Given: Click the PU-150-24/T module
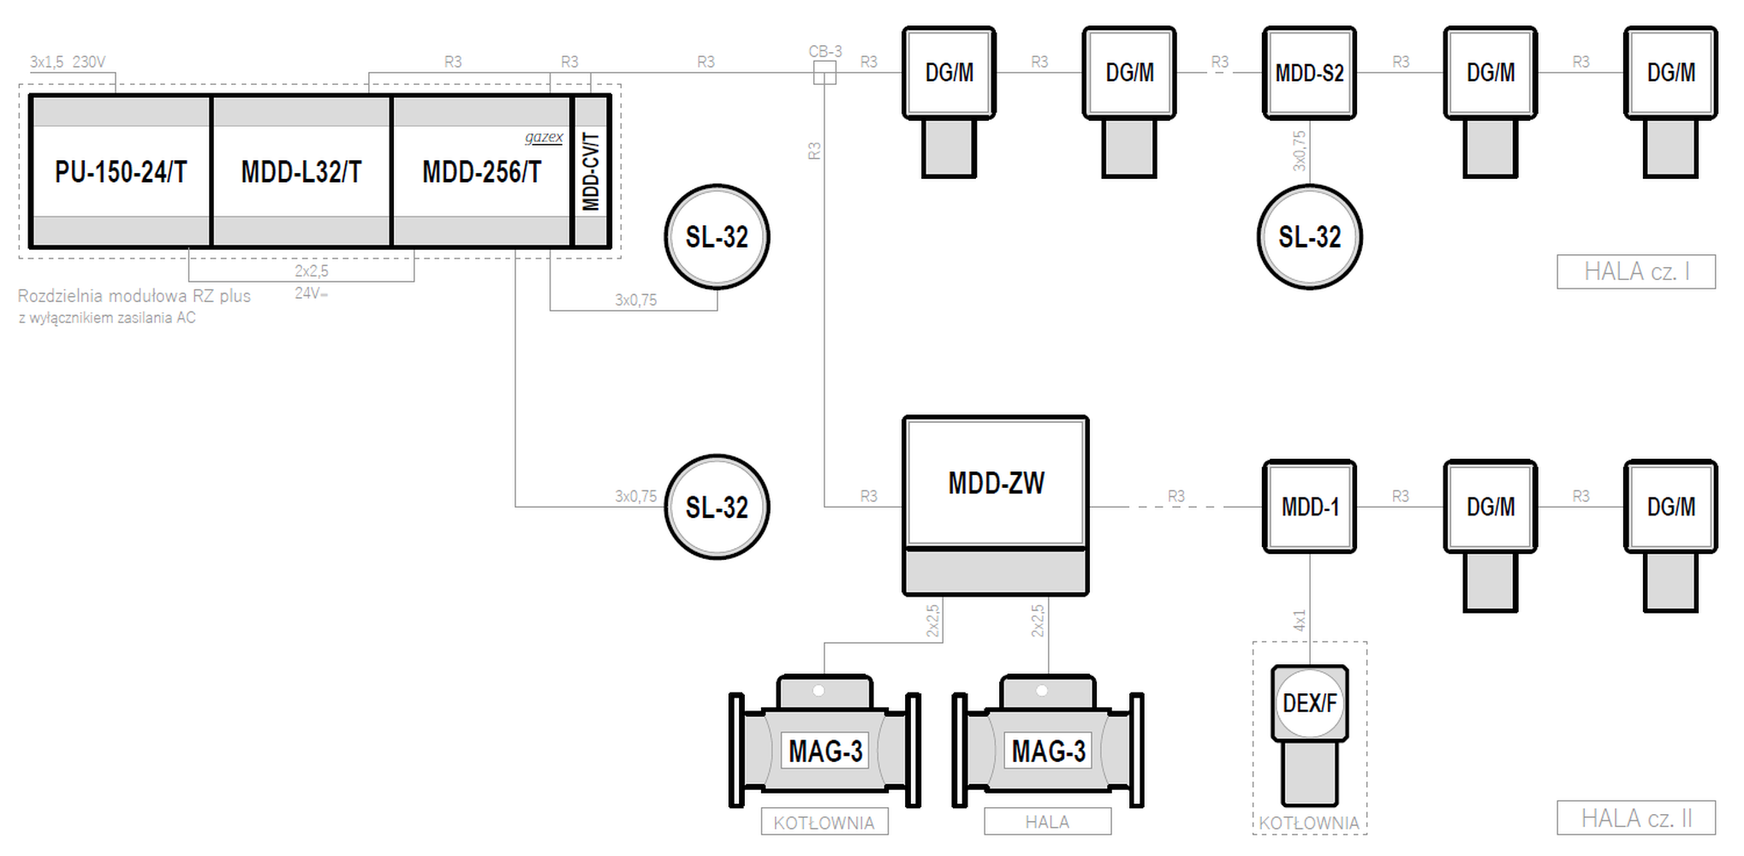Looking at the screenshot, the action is click(x=121, y=171).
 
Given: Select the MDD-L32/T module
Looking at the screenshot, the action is click(x=301, y=171).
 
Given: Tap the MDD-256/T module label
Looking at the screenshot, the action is click(x=482, y=172).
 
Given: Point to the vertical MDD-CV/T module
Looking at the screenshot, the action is click(x=591, y=171).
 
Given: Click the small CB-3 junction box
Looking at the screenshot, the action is click(x=824, y=73).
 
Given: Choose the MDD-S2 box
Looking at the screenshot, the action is click(x=1309, y=73).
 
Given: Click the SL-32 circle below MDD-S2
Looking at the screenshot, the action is click(x=1310, y=237).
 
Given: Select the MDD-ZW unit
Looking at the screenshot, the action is click(x=996, y=506).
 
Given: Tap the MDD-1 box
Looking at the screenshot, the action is click(x=1309, y=507).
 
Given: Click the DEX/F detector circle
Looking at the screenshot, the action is click(x=1310, y=703).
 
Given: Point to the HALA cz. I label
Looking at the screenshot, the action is click(x=1636, y=271).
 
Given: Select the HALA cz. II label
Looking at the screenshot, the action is click(x=1636, y=818).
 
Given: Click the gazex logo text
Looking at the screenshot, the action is click(x=544, y=137).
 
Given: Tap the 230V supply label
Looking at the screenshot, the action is click(x=89, y=62).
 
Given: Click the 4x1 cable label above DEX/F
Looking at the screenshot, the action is click(x=1299, y=621).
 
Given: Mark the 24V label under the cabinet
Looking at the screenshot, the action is click(x=312, y=293).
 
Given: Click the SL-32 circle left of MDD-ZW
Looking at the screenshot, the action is click(x=717, y=507).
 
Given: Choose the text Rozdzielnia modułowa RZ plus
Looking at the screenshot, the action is click(x=134, y=296).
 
